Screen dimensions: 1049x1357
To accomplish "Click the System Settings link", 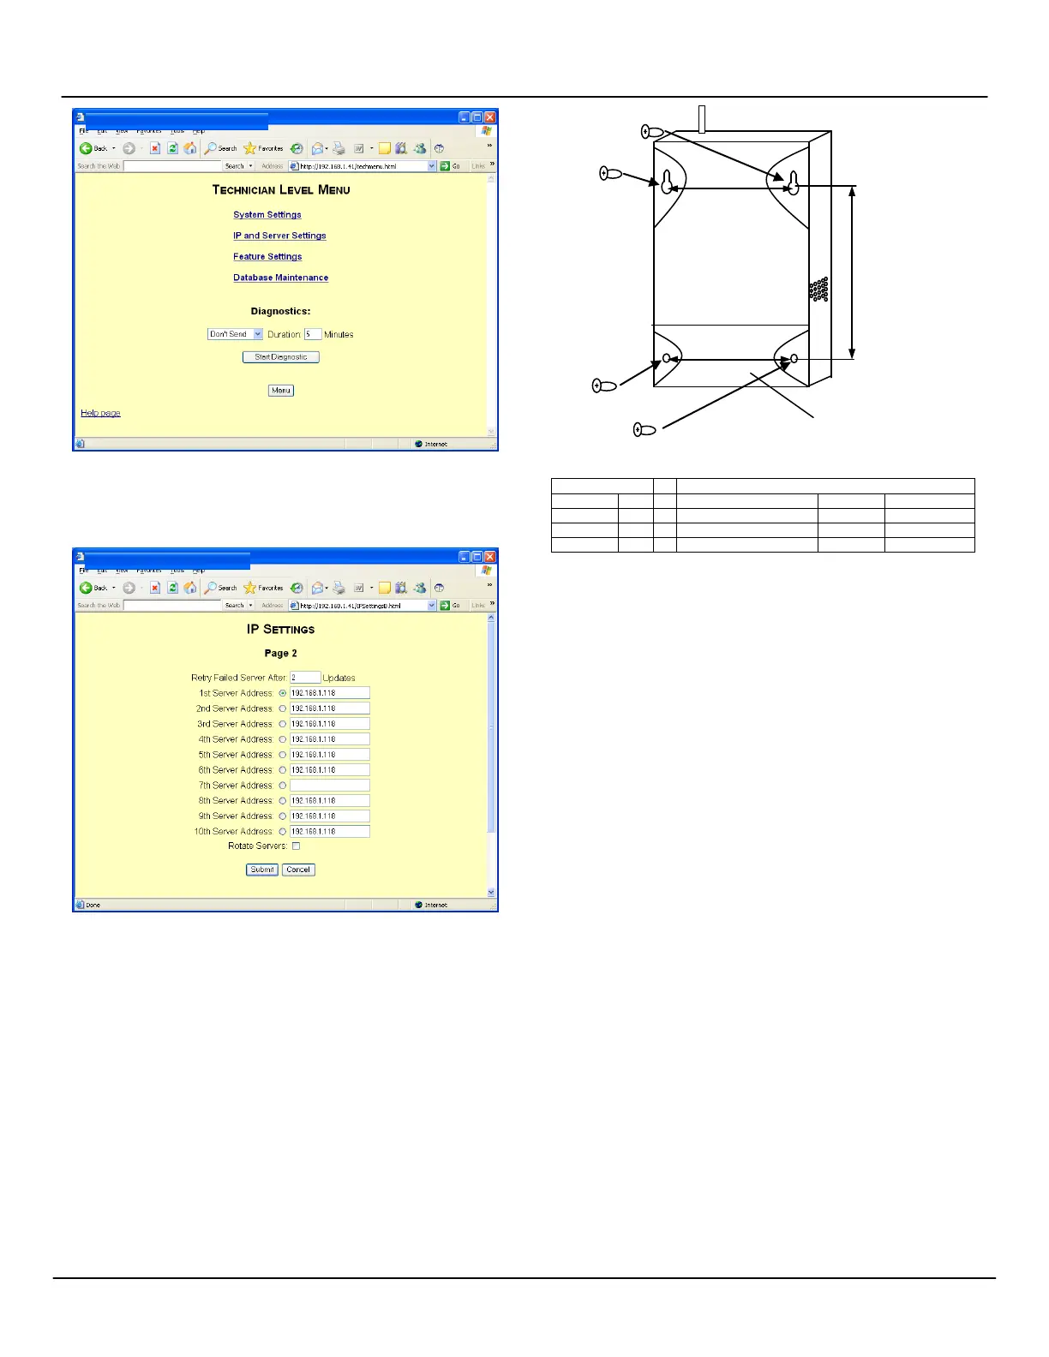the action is tap(267, 215).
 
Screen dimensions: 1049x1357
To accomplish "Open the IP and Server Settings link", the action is tap(279, 236).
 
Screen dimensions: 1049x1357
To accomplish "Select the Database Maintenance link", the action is tap(280, 278).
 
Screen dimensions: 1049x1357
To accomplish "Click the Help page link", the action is tap(100, 413).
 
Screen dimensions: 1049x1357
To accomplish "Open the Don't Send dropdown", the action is tap(235, 334).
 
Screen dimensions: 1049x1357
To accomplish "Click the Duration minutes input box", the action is tap(312, 334).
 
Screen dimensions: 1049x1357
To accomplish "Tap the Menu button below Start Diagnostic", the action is tap(281, 391).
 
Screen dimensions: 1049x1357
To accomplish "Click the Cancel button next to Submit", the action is tap(298, 870).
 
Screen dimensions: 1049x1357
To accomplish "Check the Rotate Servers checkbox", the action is tap(296, 846).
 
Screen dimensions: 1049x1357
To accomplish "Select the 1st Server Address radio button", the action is tap(283, 693).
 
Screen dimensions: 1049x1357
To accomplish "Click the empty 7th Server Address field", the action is tap(329, 786).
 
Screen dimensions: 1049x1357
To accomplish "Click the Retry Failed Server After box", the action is tap(305, 678).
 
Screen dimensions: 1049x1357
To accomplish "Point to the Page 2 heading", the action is tap(280, 654).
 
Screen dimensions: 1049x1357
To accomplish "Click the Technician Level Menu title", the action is tap(281, 190).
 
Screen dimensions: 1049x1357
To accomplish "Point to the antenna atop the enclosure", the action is tap(702, 119).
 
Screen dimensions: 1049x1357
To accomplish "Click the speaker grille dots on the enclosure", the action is tap(818, 290).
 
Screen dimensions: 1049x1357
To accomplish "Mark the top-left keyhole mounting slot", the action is tap(668, 182).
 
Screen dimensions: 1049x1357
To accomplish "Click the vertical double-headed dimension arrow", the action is tap(852, 272).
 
